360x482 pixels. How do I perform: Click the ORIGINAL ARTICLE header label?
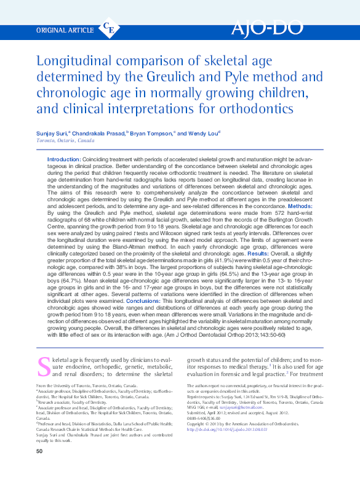(65, 29)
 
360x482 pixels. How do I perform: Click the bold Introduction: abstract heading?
(63, 159)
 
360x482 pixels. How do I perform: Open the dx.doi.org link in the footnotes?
(222, 430)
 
